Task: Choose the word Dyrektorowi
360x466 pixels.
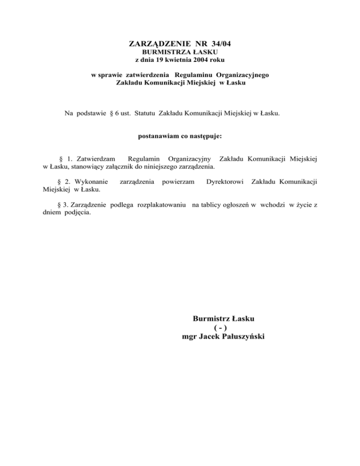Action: [225, 181]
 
